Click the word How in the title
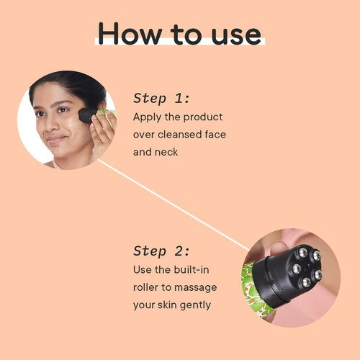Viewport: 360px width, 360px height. pos(130,33)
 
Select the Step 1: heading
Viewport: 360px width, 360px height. pos(161,98)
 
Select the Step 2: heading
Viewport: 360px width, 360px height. pos(161,251)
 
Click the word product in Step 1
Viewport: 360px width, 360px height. pos(203,117)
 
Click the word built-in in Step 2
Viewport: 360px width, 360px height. pos(192,270)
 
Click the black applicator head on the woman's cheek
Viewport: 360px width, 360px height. pos(87,116)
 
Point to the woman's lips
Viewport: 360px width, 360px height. pos(55,139)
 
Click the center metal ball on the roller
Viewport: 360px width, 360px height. pos(297,269)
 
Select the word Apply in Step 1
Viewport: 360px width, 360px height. pos(147,117)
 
